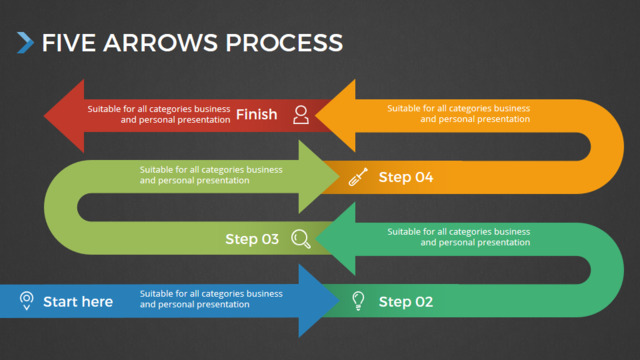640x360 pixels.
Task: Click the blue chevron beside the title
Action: point(25,43)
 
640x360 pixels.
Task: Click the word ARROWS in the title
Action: point(160,43)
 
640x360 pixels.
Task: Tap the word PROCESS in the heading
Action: point(284,43)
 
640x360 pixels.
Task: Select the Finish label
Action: point(257,114)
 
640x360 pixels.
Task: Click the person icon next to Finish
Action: point(301,115)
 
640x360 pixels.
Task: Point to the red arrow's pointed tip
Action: point(44,116)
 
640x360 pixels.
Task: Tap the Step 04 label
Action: point(406,177)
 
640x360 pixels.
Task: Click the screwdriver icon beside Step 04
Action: point(358,177)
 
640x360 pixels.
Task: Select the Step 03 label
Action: point(252,239)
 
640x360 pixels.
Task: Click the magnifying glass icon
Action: point(301,239)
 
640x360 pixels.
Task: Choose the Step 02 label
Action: point(406,302)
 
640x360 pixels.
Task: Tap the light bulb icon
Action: point(358,301)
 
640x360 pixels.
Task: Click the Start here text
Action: point(78,302)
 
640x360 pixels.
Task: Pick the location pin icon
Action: point(27,301)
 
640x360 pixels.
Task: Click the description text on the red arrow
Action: point(159,114)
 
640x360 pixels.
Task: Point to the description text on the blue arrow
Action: point(211,299)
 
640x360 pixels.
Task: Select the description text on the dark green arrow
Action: point(459,237)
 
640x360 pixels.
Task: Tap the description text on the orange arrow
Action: point(459,113)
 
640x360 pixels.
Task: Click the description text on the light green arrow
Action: point(211,175)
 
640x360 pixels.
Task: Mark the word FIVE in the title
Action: point(69,43)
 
